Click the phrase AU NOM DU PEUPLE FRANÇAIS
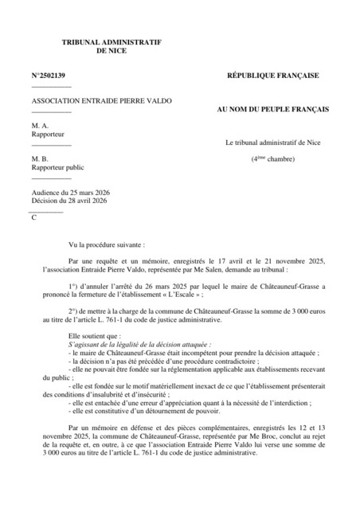[x=272, y=108]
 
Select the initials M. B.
[x=41, y=159]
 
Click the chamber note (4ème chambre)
[x=272, y=159]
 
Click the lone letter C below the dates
[x=34, y=217]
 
